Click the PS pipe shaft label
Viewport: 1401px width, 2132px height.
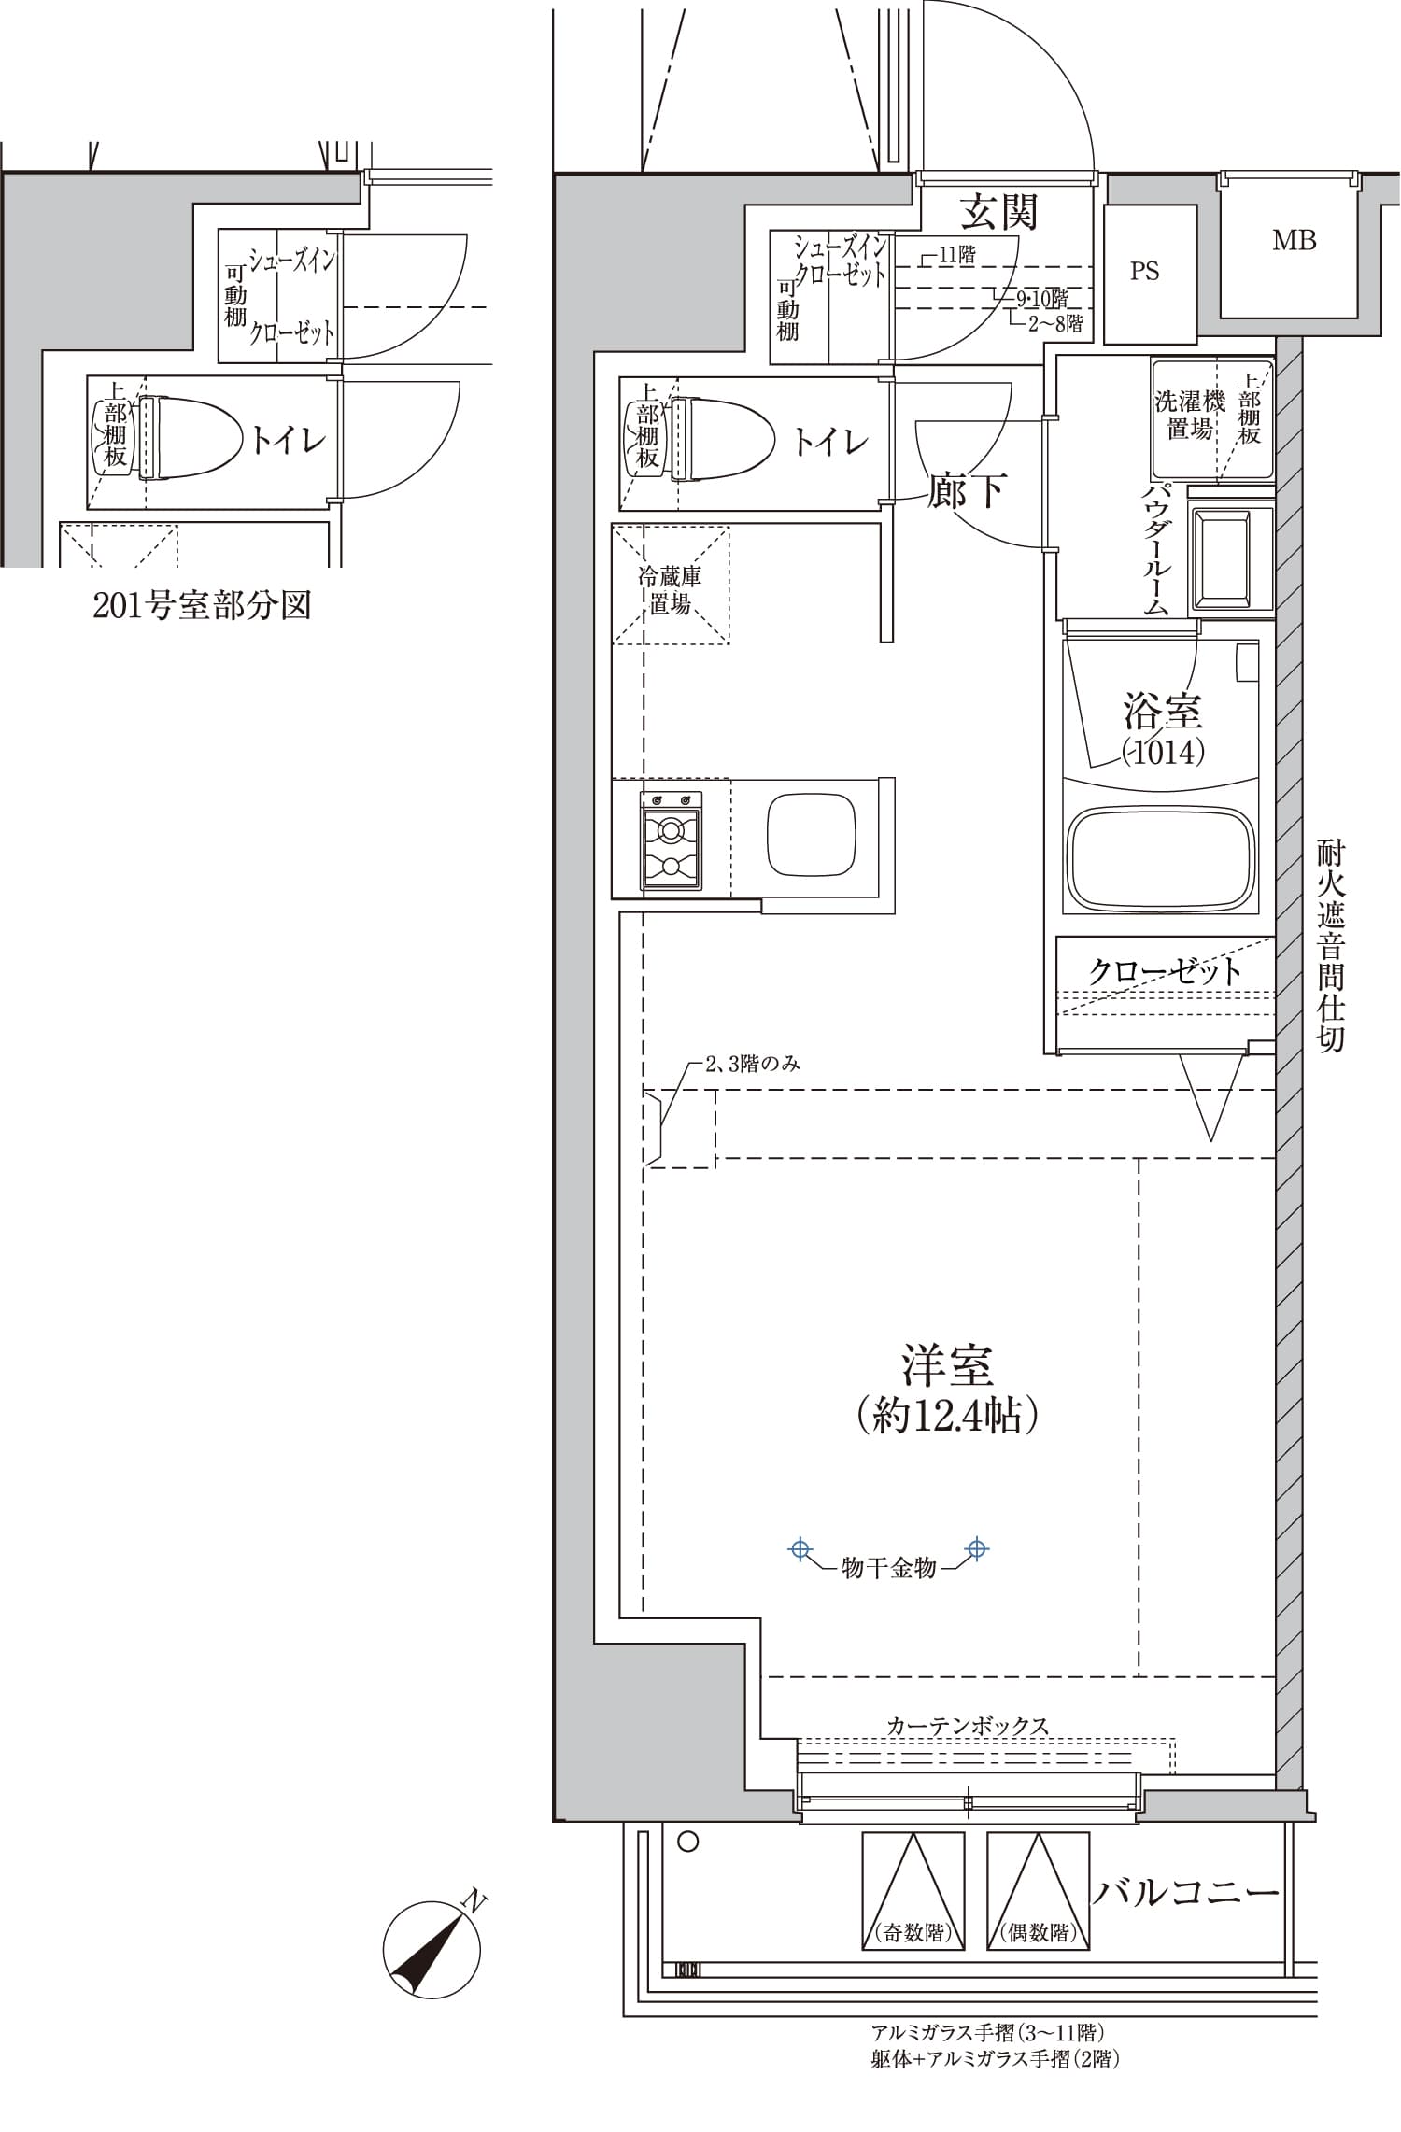(x=1144, y=272)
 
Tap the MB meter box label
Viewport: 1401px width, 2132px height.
(x=1294, y=241)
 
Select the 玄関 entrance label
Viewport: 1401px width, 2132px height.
(x=999, y=213)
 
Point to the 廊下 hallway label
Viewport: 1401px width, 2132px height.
(x=967, y=490)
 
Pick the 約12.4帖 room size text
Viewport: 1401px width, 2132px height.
(x=947, y=1417)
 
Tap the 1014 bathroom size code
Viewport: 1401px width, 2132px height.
(x=1163, y=752)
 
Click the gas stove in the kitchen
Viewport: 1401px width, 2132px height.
(x=671, y=840)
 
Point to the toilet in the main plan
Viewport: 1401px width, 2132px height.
(x=726, y=439)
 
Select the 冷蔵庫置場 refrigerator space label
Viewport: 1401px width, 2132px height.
(x=670, y=590)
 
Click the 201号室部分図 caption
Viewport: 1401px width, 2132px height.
(x=202, y=606)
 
